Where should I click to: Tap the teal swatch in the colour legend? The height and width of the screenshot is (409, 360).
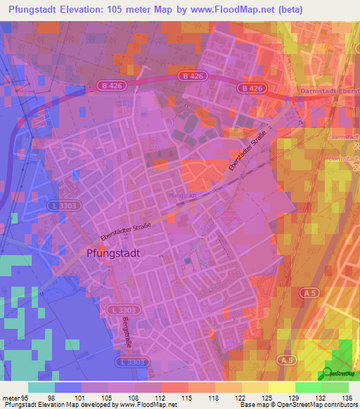tap(41, 387)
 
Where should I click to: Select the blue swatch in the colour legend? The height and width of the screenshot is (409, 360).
tap(68, 387)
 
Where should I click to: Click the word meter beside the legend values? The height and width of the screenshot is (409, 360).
tap(9, 398)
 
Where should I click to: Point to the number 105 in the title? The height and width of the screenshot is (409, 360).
tap(122, 10)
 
